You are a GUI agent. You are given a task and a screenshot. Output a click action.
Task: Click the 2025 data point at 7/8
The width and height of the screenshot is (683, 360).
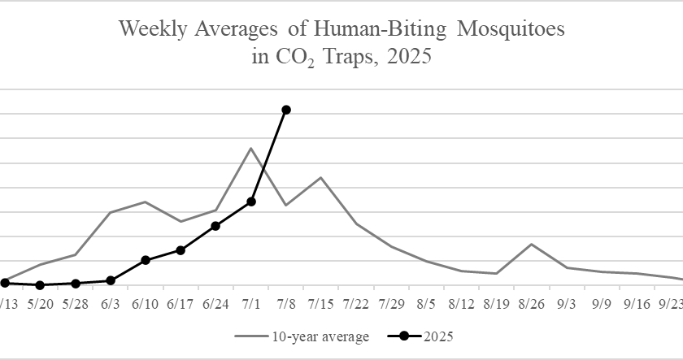point(285,110)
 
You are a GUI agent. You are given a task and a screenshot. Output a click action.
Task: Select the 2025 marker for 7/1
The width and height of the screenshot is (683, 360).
point(251,202)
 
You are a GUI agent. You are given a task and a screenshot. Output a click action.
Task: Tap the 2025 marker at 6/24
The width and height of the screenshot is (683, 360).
point(215,226)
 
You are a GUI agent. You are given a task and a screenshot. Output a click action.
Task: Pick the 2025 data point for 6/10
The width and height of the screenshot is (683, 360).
point(146,260)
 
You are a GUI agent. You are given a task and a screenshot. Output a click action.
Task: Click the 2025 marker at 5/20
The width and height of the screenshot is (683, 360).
point(40,285)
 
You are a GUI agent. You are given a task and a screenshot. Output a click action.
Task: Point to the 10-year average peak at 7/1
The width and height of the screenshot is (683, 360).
point(251,148)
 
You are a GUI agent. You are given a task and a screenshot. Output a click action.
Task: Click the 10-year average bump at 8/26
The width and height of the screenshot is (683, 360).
point(531,244)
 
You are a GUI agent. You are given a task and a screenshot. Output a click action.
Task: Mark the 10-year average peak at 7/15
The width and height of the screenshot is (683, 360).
point(320,177)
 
